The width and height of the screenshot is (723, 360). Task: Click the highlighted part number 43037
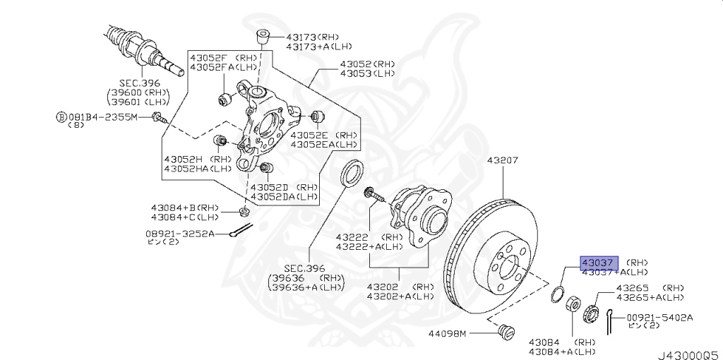pyautogui.click(x=599, y=262)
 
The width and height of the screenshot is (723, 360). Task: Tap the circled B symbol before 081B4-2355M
pyautogui.click(x=61, y=116)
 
